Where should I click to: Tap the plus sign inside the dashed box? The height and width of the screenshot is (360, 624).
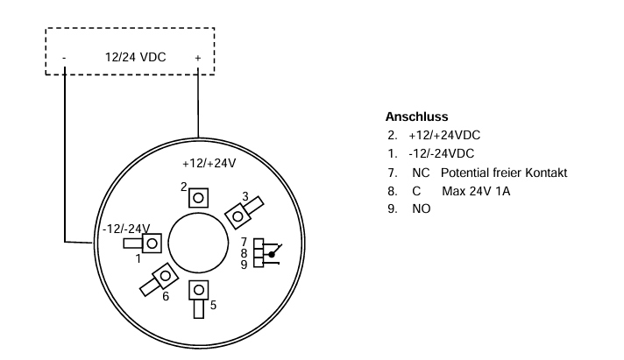coord(198,59)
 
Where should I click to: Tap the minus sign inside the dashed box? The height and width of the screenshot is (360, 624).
coord(64,59)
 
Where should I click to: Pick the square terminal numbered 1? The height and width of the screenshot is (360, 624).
coord(152,243)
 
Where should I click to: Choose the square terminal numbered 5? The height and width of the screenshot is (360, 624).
coord(200,289)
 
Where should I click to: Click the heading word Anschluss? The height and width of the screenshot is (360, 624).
coord(416,116)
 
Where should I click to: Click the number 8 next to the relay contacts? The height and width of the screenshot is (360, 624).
coord(245,252)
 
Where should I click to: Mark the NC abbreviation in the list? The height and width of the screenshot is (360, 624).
coord(420,173)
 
